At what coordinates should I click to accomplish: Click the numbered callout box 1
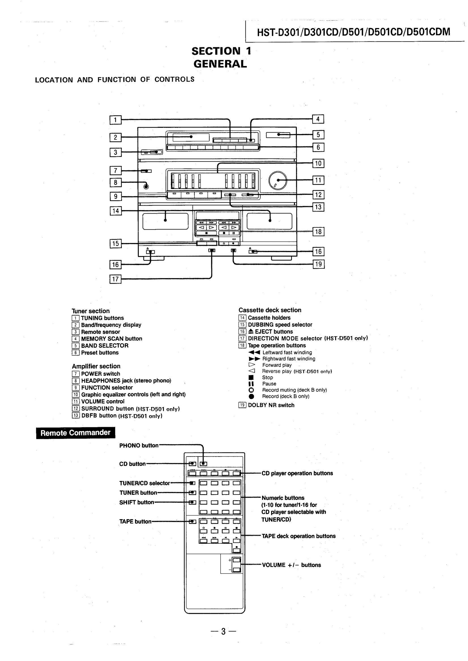click(x=115, y=120)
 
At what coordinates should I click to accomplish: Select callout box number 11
click(x=318, y=180)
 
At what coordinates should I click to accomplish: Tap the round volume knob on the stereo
click(x=277, y=180)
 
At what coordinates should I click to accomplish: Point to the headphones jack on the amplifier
click(x=146, y=186)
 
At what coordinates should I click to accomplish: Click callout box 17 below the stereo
click(x=115, y=279)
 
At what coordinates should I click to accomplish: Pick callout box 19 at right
click(x=319, y=264)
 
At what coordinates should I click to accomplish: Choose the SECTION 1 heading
click(x=221, y=51)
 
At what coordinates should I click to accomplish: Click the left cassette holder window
click(x=165, y=221)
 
